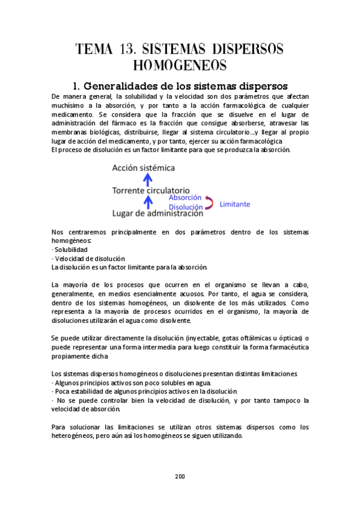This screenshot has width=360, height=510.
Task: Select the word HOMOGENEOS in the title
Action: [x=180, y=65]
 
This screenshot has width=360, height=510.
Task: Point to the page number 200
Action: [x=180, y=476]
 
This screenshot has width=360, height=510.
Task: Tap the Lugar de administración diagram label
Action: [x=157, y=213]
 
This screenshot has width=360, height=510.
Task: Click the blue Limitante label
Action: [x=234, y=204]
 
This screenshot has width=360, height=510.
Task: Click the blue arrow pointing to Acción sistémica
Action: [x=150, y=179]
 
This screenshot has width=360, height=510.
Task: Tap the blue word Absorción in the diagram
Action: [x=185, y=197]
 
